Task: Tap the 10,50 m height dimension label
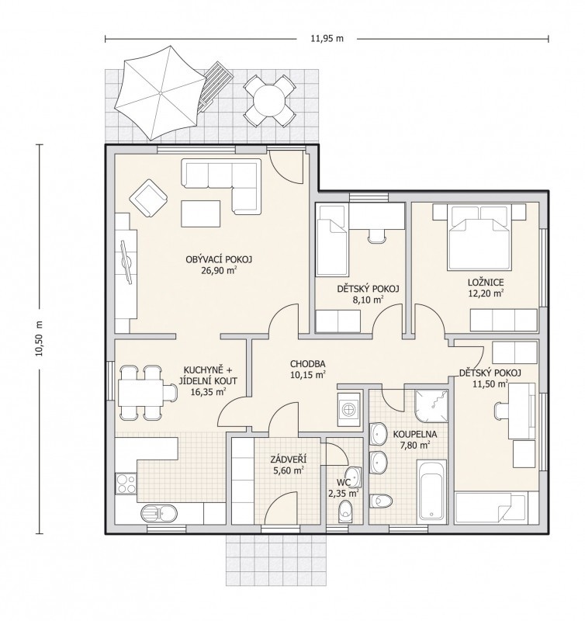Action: pyautogui.click(x=39, y=338)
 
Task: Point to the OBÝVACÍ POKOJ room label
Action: pyautogui.click(x=219, y=259)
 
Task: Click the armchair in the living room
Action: pyautogui.click(x=148, y=198)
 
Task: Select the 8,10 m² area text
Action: pyautogui.click(x=368, y=300)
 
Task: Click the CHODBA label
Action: pyautogui.click(x=307, y=363)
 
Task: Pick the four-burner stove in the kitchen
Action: pyautogui.click(x=126, y=484)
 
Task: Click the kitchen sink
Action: pyautogui.click(x=159, y=513)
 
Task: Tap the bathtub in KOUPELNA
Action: pyautogui.click(x=431, y=491)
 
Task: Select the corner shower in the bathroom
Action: pyautogui.click(x=432, y=406)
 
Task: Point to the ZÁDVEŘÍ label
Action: pyautogui.click(x=288, y=460)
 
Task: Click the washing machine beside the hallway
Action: pyautogui.click(x=348, y=410)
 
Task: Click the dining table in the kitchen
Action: pyautogui.click(x=140, y=392)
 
